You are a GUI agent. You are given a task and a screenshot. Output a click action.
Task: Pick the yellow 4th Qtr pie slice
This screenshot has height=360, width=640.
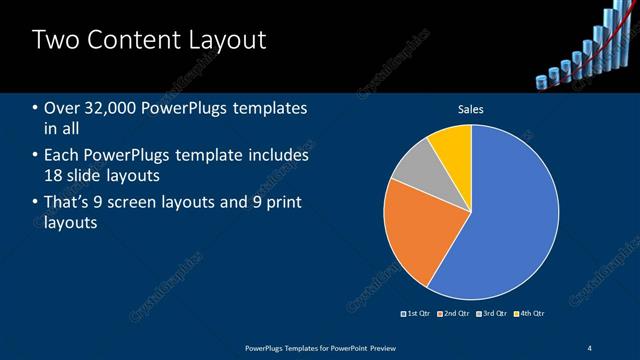452,146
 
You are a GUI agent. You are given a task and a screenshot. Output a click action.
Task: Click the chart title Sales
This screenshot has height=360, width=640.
470,109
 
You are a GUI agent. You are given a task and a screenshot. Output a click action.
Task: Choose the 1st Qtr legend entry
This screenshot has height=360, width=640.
418,314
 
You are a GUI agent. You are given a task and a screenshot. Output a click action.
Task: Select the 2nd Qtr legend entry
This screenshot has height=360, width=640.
455,314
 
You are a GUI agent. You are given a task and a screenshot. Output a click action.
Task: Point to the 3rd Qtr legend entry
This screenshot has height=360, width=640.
492,314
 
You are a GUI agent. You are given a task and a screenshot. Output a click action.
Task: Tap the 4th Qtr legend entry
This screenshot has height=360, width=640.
529,314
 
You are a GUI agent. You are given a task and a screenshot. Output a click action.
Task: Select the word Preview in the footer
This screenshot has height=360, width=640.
375,347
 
